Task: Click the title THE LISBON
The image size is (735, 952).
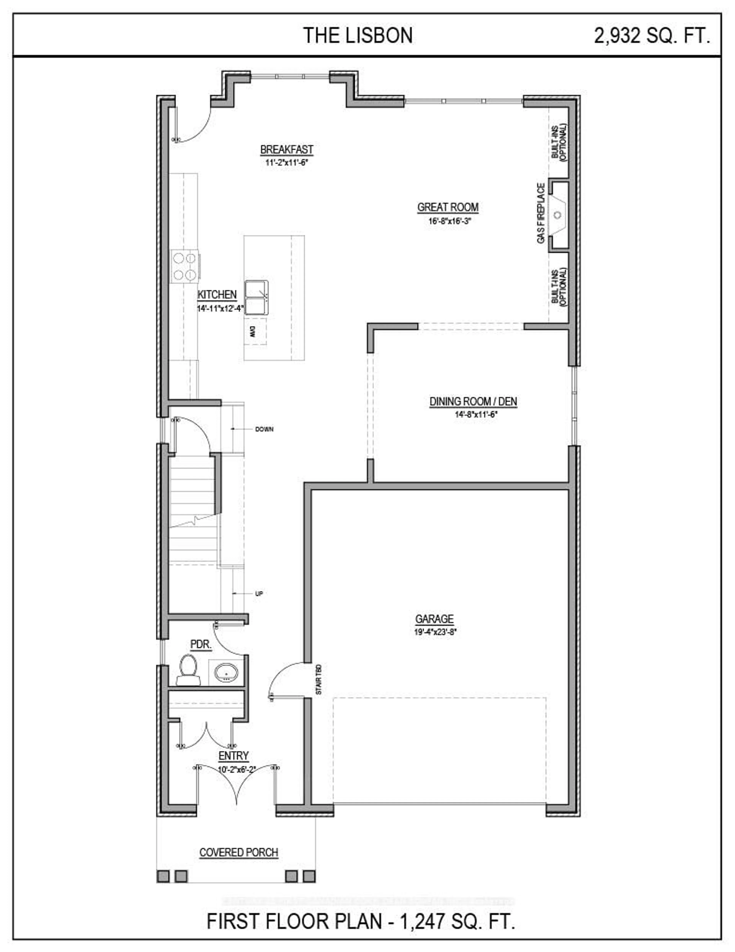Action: (358, 35)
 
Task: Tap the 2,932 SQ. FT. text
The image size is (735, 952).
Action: (652, 35)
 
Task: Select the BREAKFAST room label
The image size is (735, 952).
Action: (287, 150)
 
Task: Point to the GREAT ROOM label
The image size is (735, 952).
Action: (448, 207)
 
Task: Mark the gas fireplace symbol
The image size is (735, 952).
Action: (558, 214)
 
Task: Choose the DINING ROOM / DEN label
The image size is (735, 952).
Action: (473, 401)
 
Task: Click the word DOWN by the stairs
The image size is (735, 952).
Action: (264, 429)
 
